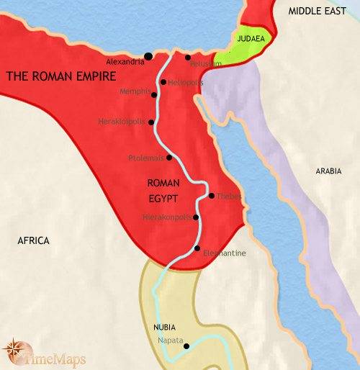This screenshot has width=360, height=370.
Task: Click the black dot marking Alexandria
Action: [148, 55]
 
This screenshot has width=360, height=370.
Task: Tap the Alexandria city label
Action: [124, 62]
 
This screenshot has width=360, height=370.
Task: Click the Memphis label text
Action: [135, 91]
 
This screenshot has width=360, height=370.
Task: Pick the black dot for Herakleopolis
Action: [151, 122]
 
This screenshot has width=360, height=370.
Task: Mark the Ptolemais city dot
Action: [169, 157]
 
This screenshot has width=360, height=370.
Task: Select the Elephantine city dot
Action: [197, 249]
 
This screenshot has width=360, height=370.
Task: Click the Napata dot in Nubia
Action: [186, 346]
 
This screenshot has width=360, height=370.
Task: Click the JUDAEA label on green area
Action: [250, 41]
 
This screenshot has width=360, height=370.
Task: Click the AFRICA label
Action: [33, 240]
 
